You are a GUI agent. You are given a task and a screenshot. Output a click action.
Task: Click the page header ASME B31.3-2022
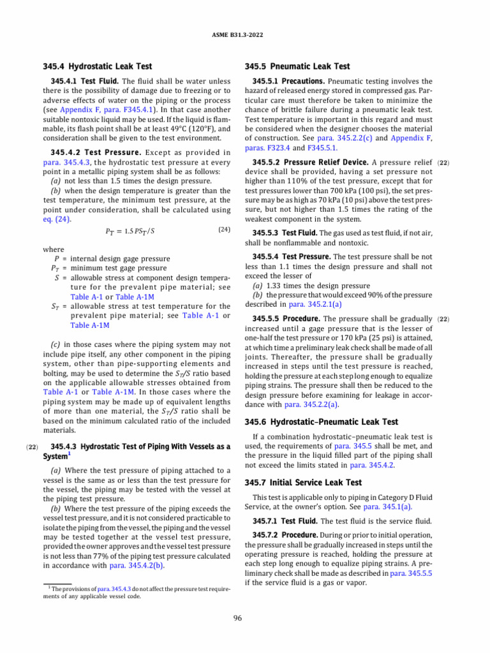pos(245,34)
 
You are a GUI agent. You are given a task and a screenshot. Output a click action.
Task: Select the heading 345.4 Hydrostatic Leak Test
pos(97,66)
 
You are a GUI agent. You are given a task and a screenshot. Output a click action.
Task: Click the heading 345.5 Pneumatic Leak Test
pos(297,66)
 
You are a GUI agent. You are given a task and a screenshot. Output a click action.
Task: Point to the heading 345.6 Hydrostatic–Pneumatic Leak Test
pos(322,422)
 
